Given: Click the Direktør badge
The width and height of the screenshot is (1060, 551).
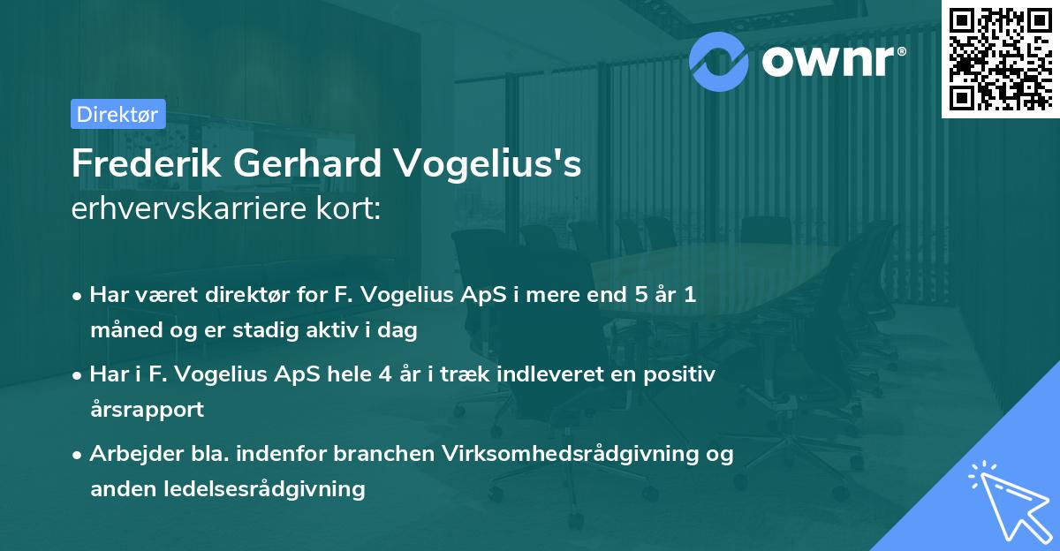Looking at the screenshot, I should click(x=117, y=114).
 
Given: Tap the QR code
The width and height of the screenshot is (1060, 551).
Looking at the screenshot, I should click(x=1001, y=58).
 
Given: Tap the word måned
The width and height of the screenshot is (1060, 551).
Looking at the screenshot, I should click(x=121, y=331).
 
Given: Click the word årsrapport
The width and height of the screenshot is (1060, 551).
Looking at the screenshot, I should click(x=147, y=410).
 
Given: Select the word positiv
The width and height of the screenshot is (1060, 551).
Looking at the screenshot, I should click(x=683, y=374).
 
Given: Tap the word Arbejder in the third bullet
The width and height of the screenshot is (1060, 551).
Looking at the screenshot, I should click(x=129, y=454).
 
